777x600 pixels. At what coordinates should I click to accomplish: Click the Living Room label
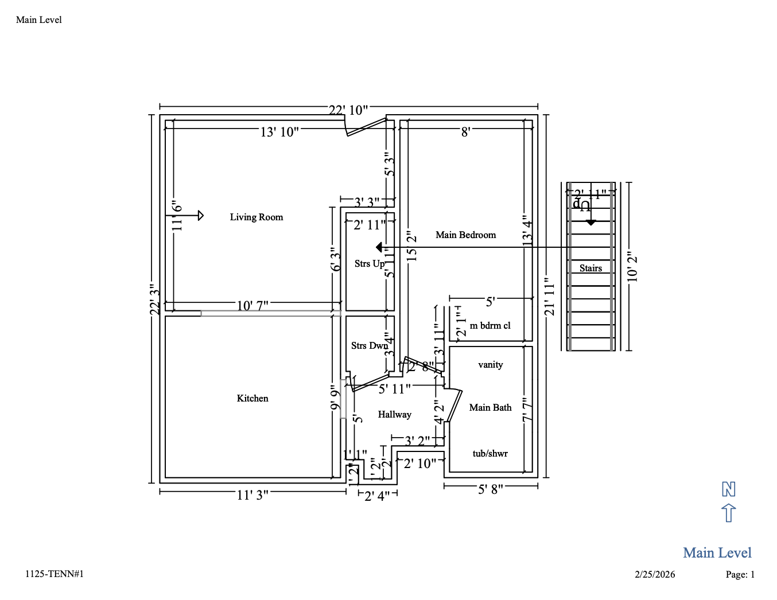click(x=257, y=217)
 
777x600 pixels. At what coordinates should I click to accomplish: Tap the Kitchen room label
click(x=252, y=398)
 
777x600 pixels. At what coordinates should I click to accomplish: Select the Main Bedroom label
click(x=465, y=235)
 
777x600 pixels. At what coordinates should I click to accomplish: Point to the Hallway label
click(x=394, y=414)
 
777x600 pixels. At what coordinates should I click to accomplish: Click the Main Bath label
click(x=490, y=407)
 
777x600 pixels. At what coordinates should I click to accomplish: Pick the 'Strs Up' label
click(x=369, y=263)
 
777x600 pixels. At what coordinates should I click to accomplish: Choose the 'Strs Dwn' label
click(x=369, y=345)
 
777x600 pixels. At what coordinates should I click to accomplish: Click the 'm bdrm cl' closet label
click(x=490, y=325)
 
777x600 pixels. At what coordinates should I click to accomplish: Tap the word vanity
click(x=490, y=364)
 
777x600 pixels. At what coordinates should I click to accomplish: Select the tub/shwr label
click(x=490, y=453)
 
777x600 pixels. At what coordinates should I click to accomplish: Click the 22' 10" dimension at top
click(x=348, y=110)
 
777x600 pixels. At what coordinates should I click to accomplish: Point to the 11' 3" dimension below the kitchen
click(x=252, y=494)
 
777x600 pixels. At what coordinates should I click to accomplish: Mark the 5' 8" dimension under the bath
click(x=491, y=489)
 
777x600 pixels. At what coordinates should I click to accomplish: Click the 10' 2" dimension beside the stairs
click(x=632, y=267)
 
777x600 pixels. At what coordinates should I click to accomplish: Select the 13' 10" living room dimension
click(x=279, y=132)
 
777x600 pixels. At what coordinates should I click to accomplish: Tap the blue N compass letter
click(x=728, y=489)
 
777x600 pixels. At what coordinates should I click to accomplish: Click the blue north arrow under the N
click(x=728, y=512)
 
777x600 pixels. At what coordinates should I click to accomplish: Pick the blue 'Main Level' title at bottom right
click(x=717, y=552)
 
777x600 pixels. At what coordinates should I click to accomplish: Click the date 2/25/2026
click(x=655, y=574)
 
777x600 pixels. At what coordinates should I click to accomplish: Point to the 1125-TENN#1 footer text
click(x=55, y=574)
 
